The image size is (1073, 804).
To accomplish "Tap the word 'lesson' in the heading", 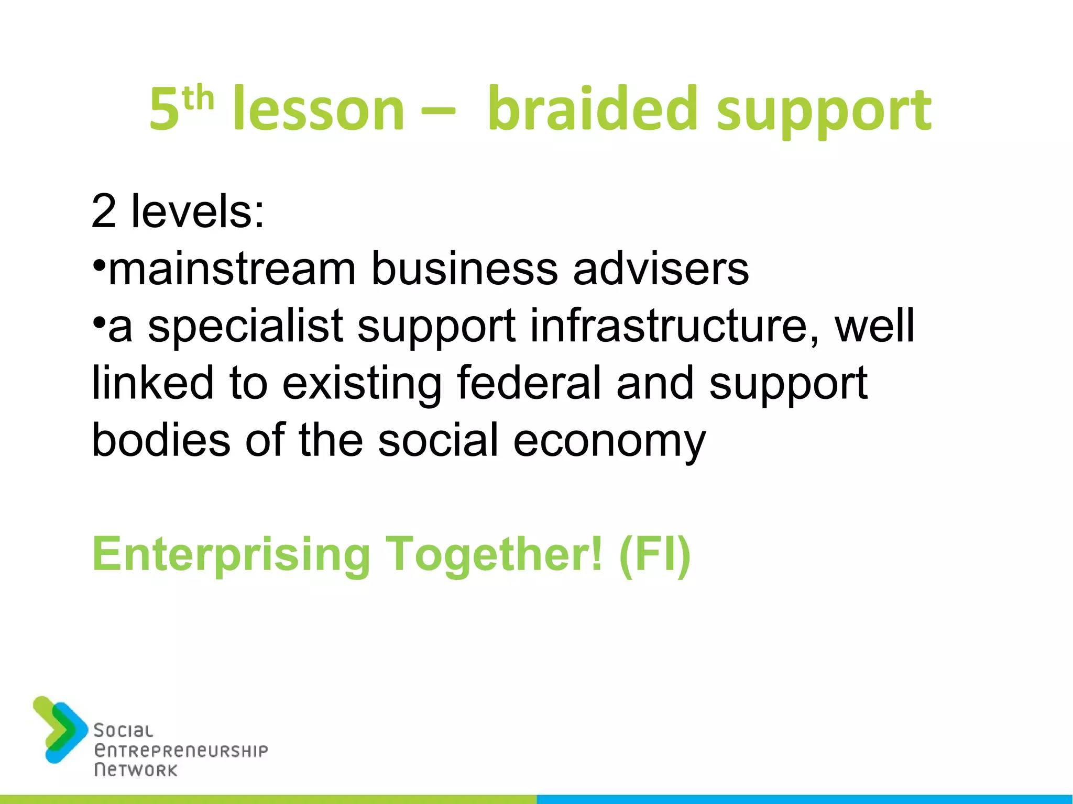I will (x=319, y=110).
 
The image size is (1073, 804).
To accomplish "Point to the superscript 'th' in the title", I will (x=199, y=99).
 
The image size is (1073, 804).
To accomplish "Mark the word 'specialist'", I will (x=246, y=326).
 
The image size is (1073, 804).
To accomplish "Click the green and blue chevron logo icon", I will (x=60, y=729).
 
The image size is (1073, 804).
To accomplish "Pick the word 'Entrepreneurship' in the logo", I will (x=181, y=751).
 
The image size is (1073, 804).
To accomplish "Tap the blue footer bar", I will (x=805, y=799).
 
